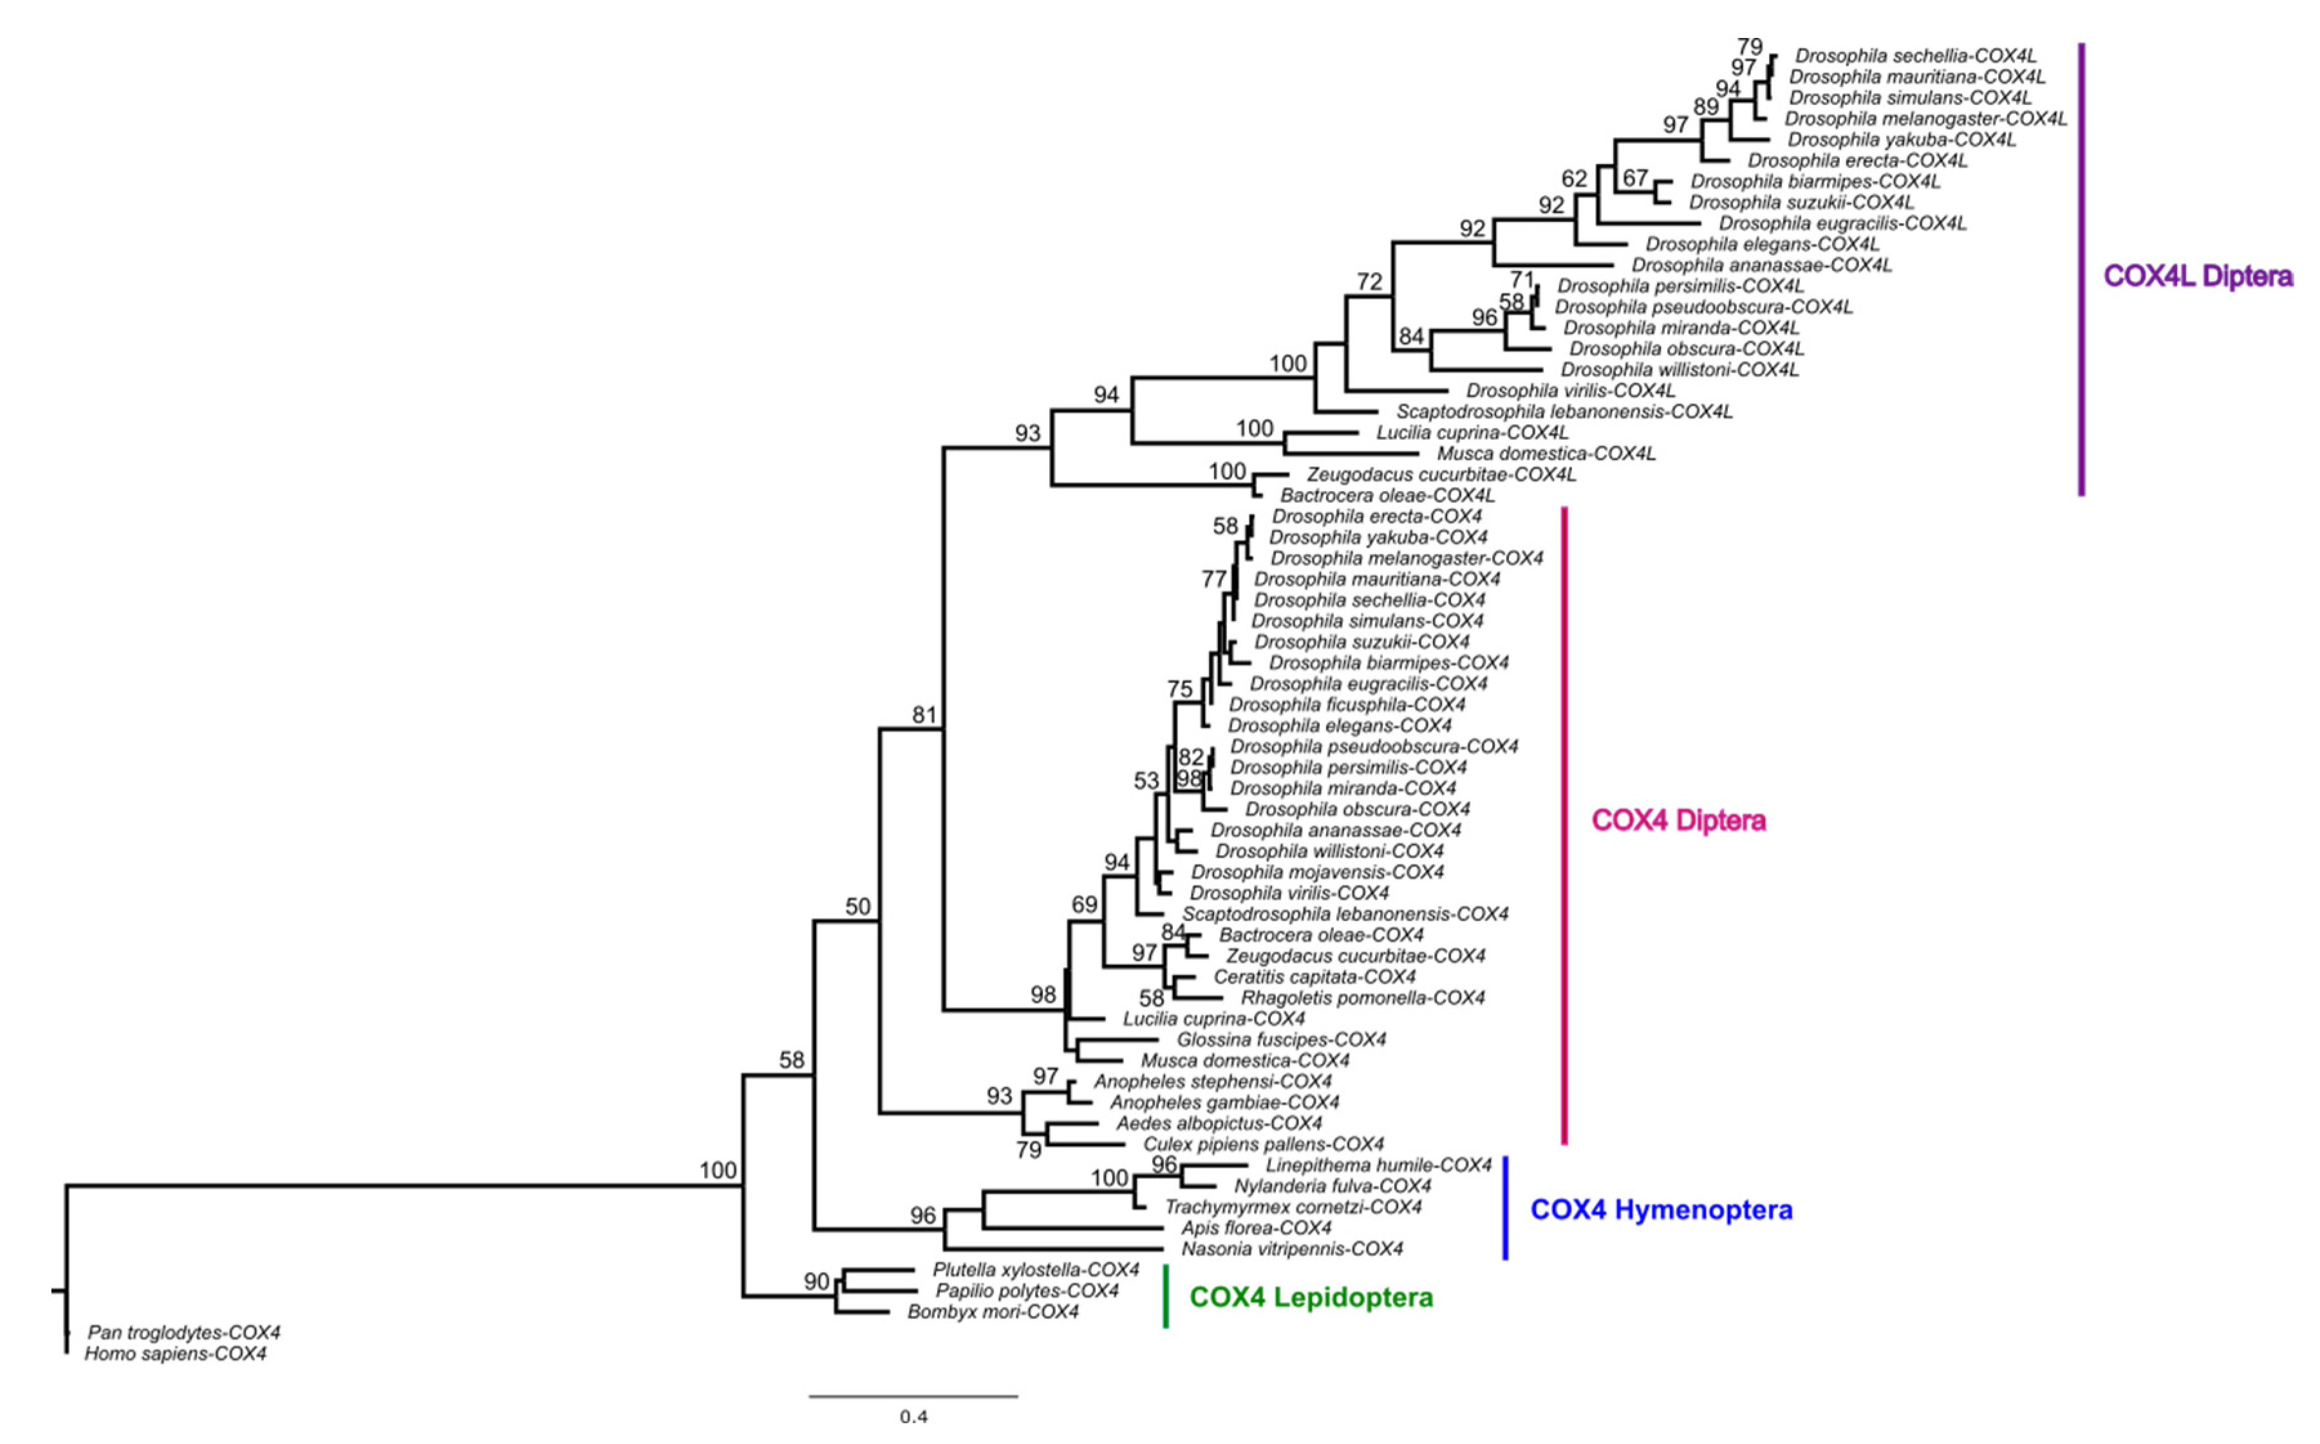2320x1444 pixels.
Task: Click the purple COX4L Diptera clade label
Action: click(x=2197, y=277)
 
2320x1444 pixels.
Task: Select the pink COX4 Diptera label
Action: click(x=1678, y=820)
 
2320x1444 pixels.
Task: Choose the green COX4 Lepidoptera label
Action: click(x=1311, y=1297)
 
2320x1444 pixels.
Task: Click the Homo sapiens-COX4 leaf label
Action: click(x=176, y=1353)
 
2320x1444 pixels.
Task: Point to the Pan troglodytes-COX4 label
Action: click(x=183, y=1332)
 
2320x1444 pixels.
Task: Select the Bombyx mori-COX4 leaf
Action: click(x=993, y=1312)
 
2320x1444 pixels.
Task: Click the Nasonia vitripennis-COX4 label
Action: click(x=1291, y=1249)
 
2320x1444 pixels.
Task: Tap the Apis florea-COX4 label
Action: click(x=1256, y=1228)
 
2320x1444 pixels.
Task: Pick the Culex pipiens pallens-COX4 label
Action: click(x=1263, y=1144)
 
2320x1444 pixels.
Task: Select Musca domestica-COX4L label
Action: click(x=1546, y=454)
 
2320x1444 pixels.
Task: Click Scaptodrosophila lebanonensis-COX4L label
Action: click(x=1564, y=412)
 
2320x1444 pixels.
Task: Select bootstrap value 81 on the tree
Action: click(x=924, y=716)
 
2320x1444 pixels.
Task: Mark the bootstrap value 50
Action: click(x=857, y=906)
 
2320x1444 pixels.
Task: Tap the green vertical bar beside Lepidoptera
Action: click(x=1165, y=1296)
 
